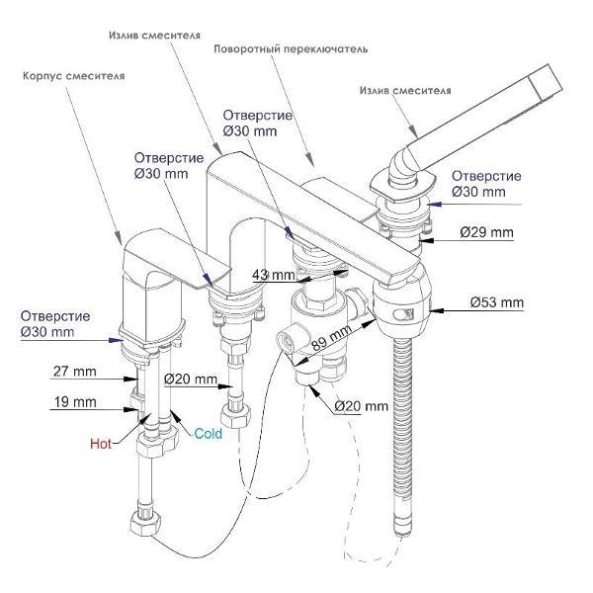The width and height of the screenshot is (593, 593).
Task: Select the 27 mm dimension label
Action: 74,372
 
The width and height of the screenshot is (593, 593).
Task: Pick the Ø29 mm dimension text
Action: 487,233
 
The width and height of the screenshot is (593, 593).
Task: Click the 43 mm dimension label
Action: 273,275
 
